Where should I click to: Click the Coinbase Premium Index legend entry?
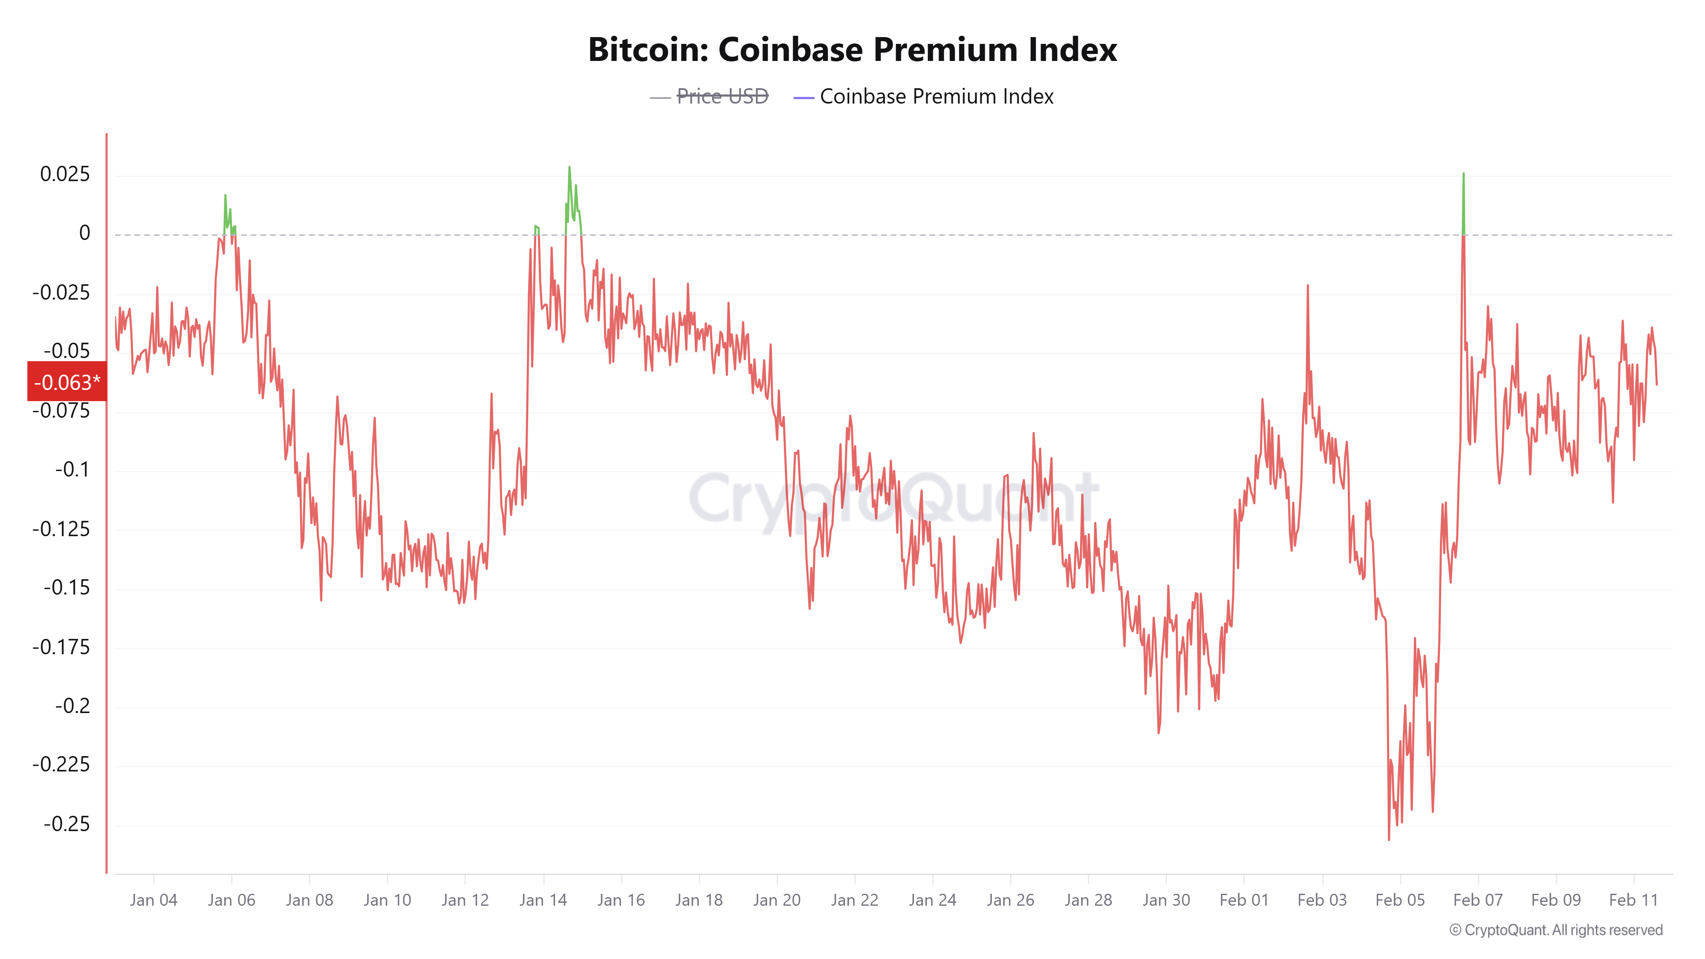[x=936, y=97]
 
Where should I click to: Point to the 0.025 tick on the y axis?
[x=65, y=174]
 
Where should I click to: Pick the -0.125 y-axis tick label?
[x=61, y=529]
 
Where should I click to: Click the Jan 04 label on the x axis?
[x=153, y=900]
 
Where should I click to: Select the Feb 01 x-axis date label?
[x=1244, y=900]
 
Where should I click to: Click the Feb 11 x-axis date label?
[x=1633, y=900]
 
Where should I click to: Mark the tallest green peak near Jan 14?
[x=569, y=168]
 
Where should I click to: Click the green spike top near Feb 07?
[x=1463, y=174]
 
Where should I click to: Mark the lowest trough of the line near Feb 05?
[x=1389, y=839]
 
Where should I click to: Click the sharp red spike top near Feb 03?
[x=1308, y=286]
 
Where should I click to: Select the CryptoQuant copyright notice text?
[x=1555, y=930]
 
